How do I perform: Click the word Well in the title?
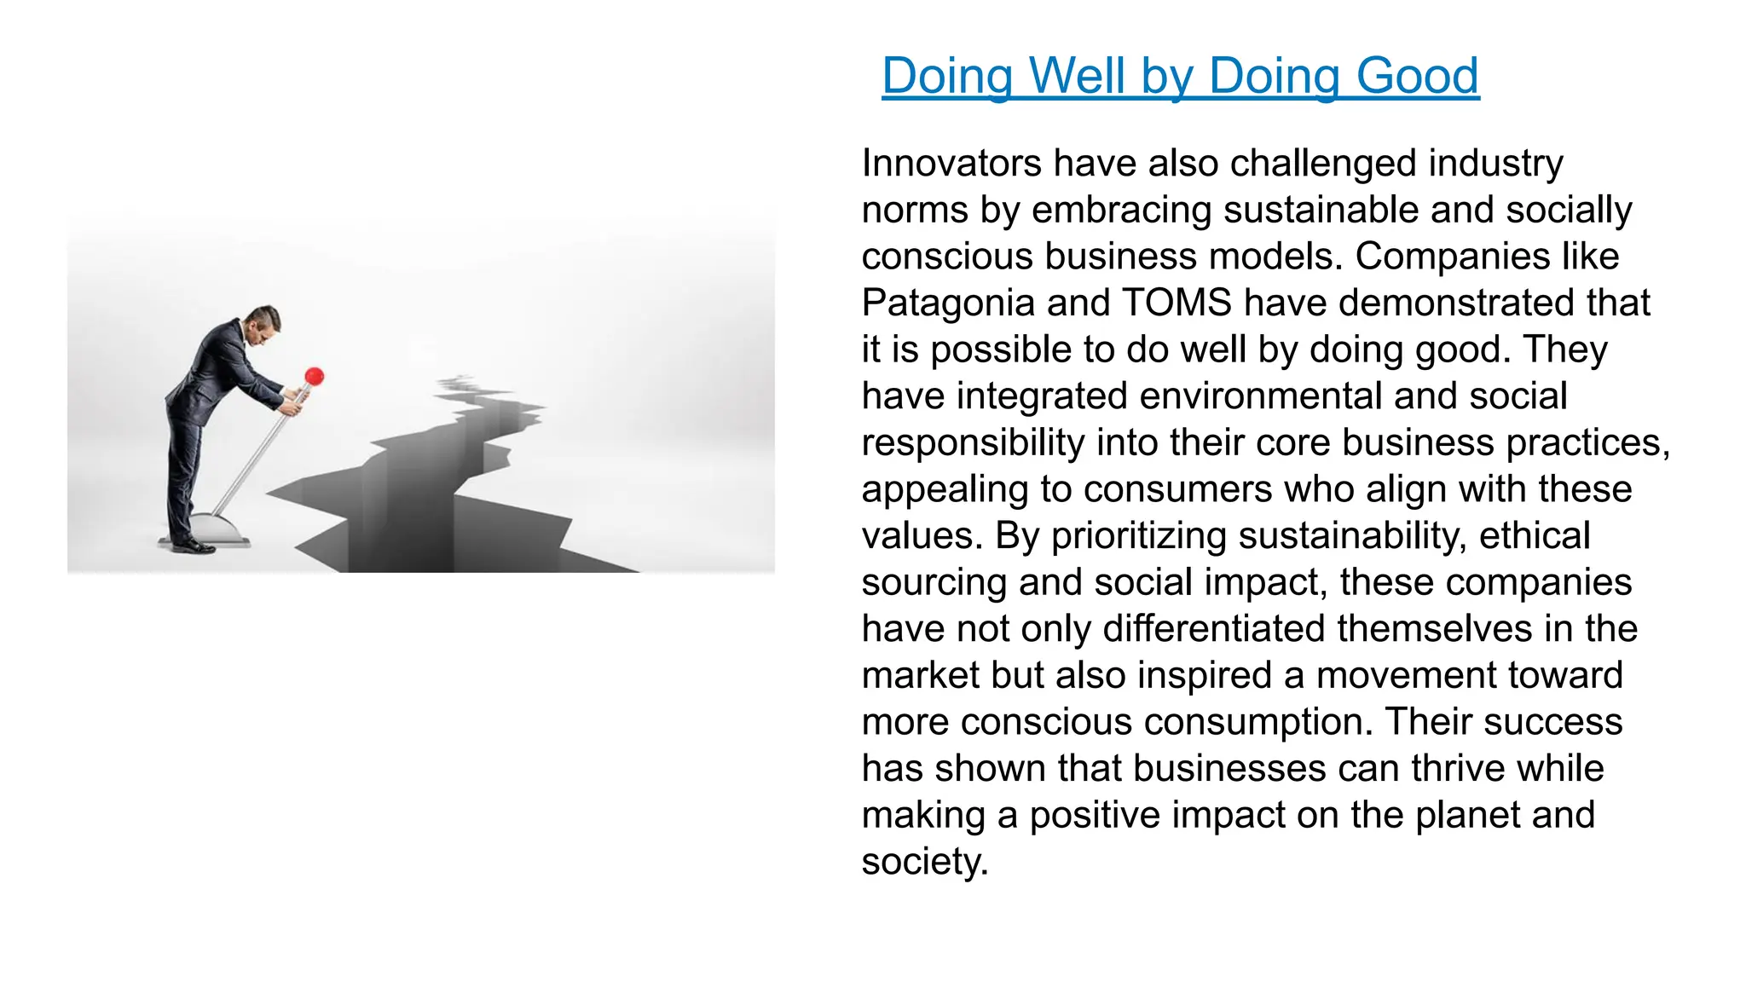pos(1078,76)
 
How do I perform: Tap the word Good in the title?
pos(1417,76)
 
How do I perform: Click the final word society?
pos(924,862)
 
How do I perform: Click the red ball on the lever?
pos(315,376)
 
